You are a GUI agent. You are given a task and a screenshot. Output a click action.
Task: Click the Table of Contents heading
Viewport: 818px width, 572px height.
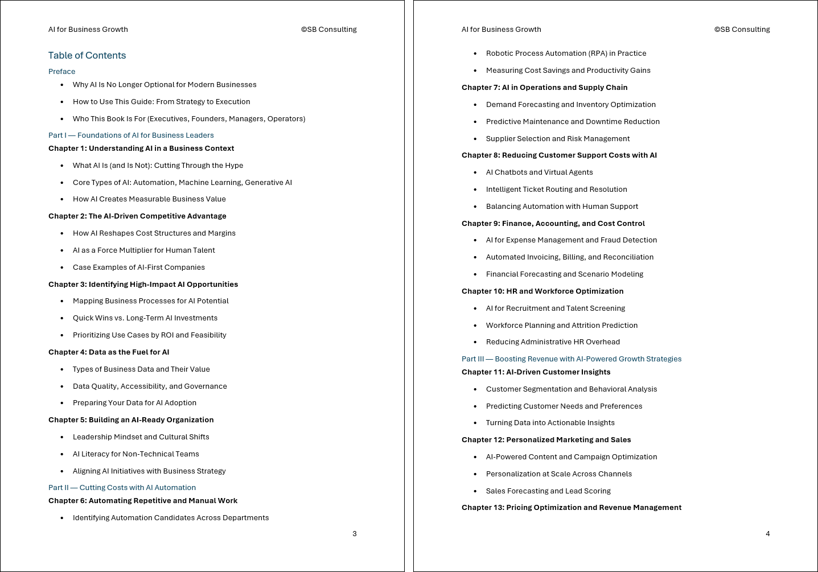(x=87, y=55)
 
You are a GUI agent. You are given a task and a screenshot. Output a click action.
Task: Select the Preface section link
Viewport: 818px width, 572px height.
(x=61, y=71)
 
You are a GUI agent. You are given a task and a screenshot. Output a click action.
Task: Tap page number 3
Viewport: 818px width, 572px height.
(x=355, y=533)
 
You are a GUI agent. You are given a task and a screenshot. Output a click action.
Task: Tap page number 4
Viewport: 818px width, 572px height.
(x=768, y=533)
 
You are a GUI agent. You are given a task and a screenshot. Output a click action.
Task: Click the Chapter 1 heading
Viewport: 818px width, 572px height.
(x=141, y=148)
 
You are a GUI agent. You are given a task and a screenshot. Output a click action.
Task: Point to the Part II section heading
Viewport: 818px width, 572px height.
(x=122, y=487)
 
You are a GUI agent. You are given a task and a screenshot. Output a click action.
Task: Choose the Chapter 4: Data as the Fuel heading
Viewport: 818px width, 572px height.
(x=109, y=352)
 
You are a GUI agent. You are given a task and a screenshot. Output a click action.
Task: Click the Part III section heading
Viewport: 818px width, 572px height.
(x=571, y=359)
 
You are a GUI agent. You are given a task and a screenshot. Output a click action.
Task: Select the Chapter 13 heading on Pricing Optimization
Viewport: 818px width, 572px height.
(x=571, y=507)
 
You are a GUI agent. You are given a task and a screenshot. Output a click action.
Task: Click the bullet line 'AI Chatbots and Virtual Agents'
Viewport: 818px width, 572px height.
(x=539, y=172)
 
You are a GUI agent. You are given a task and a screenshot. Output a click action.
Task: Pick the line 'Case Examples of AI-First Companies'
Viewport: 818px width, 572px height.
(x=138, y=267)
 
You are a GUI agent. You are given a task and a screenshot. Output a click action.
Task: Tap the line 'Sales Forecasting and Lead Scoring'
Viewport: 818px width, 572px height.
(x=548, y=491)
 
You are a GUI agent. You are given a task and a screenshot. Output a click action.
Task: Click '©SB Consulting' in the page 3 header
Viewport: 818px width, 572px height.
(x=328, y=29)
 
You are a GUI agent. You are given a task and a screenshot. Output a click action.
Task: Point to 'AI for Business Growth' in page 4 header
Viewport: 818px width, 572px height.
(x=501, y=29)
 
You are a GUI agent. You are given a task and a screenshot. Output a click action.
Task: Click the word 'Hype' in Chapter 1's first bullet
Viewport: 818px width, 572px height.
(x=233, y=165)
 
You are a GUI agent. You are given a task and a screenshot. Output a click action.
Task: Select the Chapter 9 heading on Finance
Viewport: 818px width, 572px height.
(x=553, y=223)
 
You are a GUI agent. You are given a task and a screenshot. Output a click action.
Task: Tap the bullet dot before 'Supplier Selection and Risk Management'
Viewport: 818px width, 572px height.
(x=475, y=139)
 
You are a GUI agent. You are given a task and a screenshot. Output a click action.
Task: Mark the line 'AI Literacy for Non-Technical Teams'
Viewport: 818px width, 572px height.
(x=135, y=454)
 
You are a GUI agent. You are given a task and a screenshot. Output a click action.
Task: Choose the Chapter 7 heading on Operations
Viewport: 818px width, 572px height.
(x=544, y=87)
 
